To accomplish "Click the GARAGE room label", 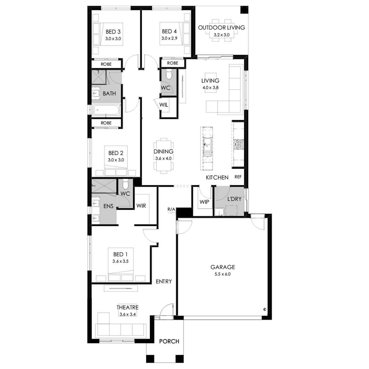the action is tap(222, 267).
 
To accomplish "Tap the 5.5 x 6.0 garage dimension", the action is tap(222, 274).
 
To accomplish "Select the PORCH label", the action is tap(169, 341).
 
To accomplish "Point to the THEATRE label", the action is tap(128, 307).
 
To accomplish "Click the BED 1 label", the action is tap(120, 254).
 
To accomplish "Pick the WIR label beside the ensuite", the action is tap(141, 206).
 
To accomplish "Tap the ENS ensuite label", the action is tap(108, 206).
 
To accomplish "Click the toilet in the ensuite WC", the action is tap(125, 184).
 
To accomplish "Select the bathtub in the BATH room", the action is tap(106, 110).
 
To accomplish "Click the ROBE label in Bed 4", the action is tap(173, 63).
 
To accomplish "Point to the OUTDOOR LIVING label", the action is tap(221, 28).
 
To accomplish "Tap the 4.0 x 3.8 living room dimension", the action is tap(211, 88).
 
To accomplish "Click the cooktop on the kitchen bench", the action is tap(238, 145).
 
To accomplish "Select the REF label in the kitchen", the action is tap(238, 177).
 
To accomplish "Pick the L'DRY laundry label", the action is tap(234, 199).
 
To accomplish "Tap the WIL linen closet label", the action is tap(164, 105).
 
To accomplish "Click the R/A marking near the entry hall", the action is tap(171, 209).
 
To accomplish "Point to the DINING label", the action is tap(164, 151).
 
